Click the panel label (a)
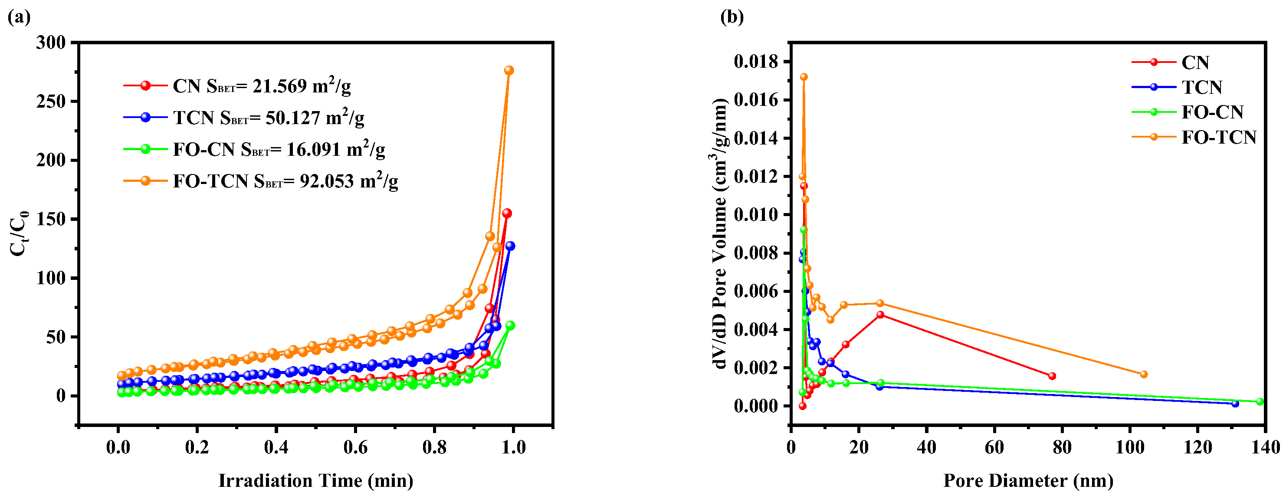coord(19,17)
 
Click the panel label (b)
coord(732,17)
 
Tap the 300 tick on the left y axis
coord(51,43)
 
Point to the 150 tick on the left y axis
coord(51,219)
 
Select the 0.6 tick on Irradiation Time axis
coord(355,447)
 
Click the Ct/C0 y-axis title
coord(19,233)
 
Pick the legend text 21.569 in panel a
coord(279,86)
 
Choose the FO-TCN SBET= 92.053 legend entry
coord(285,181)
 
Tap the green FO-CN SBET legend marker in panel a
coord(145,149)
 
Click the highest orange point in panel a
coord(508,70)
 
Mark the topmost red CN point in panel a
coord(507,213)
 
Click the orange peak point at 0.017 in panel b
coord(804,77)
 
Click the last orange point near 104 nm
coord(1144,374)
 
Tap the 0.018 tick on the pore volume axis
coord(756,62)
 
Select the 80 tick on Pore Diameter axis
coord(1062,447)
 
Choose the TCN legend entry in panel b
coord(1201,87)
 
